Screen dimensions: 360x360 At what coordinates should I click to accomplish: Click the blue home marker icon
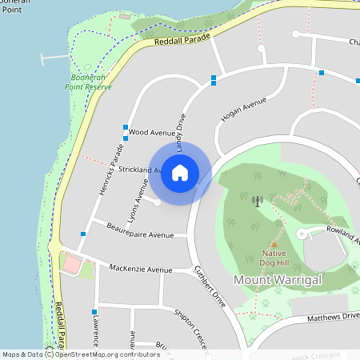179,173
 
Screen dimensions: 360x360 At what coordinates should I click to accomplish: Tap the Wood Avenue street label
151,132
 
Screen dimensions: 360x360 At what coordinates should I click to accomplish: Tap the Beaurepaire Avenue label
140,235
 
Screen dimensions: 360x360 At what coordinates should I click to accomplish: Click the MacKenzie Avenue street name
140,270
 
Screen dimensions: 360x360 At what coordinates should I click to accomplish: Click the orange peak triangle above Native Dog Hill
274,244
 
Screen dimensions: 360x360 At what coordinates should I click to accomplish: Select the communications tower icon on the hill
257,201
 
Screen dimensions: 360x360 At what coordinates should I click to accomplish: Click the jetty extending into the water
53,58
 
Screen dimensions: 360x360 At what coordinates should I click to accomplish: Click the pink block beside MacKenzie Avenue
72,264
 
